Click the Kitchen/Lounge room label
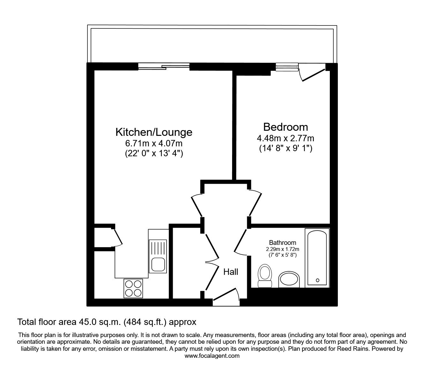pos(154,132)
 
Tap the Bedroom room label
pos(285,127)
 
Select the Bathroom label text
pos(282,243)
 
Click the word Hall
pos(231,272)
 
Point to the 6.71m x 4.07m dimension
pos(154,143)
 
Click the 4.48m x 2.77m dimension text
pos(285,138)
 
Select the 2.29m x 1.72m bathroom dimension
pos(283,249)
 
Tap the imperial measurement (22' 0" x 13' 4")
pos(154,153)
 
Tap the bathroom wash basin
pos(289,280)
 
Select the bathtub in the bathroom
pos(317,257)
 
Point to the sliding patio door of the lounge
pos(164,67)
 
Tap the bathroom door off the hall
pos(241,241)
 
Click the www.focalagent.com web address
pos(212,356)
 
